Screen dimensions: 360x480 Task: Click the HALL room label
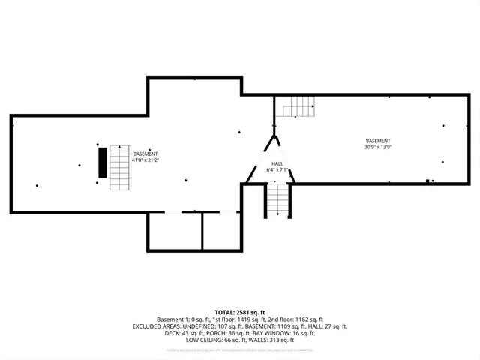(x=277, y=163)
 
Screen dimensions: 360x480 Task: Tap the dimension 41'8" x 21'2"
(x=145, y=160)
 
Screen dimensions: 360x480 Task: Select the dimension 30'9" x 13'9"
(x=378, y=147)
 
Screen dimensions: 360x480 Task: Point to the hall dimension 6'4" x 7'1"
(x=277, y=170)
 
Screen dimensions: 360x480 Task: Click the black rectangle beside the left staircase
(x=102, y=163)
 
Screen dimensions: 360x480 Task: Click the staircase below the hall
(x=277, y=200)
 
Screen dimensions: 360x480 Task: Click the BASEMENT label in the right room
(x=378, y=141)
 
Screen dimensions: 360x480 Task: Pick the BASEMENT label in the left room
(x=145, y=154)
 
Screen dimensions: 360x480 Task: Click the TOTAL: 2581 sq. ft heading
(x=240, y=311)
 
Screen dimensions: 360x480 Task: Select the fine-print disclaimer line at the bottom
(x=240, y=350)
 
